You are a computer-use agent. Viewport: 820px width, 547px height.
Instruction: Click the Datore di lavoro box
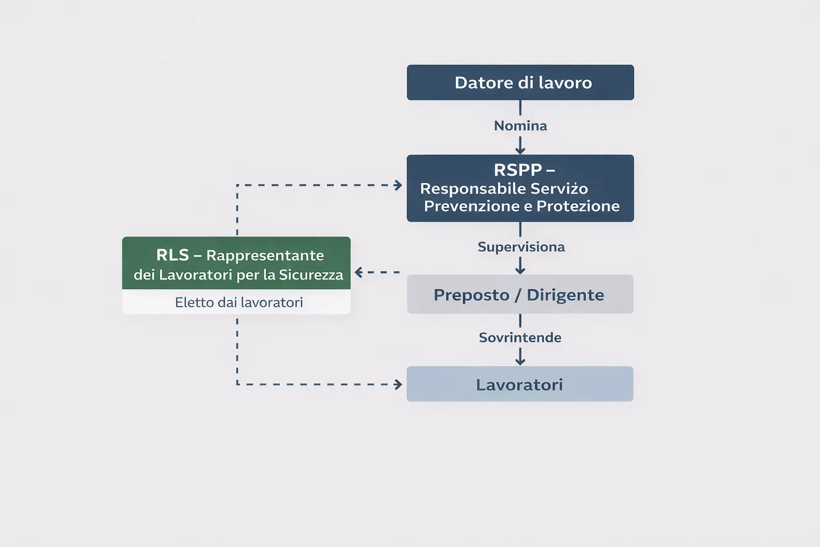coord(520,83)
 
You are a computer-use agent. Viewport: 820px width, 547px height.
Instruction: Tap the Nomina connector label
coord(520,126)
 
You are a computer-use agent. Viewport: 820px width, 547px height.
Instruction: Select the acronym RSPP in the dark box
coord(517,170)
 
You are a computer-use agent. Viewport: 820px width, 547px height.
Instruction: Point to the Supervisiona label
coord(521,247)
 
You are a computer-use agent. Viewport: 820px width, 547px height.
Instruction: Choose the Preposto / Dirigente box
coord(520,294)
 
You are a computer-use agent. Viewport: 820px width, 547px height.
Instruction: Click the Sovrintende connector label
coord(520,338)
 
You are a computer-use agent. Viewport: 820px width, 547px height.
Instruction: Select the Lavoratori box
coord(519,384)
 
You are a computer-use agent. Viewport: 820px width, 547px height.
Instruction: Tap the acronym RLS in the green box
coord(172,255)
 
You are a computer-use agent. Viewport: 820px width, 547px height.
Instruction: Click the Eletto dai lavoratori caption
coord(239,302)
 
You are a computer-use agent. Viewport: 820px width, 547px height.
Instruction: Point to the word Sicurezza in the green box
coord(311,275)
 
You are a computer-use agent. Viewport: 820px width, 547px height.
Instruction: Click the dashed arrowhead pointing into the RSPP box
coord(398,185)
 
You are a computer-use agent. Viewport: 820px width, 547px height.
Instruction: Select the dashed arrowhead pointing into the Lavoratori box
coord(398,384)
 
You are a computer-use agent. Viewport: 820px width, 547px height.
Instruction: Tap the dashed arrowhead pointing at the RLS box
coord(359,272)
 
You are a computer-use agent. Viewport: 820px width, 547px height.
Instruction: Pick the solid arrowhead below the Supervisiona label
coord(520,269)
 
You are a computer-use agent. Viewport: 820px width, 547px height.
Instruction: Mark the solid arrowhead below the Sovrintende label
coord(520,361)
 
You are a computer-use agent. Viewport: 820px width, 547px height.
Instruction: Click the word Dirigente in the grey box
coord(565,295)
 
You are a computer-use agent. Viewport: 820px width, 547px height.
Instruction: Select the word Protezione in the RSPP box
coord(578,206)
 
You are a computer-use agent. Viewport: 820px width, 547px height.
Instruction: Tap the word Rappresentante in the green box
coord(265,256)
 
